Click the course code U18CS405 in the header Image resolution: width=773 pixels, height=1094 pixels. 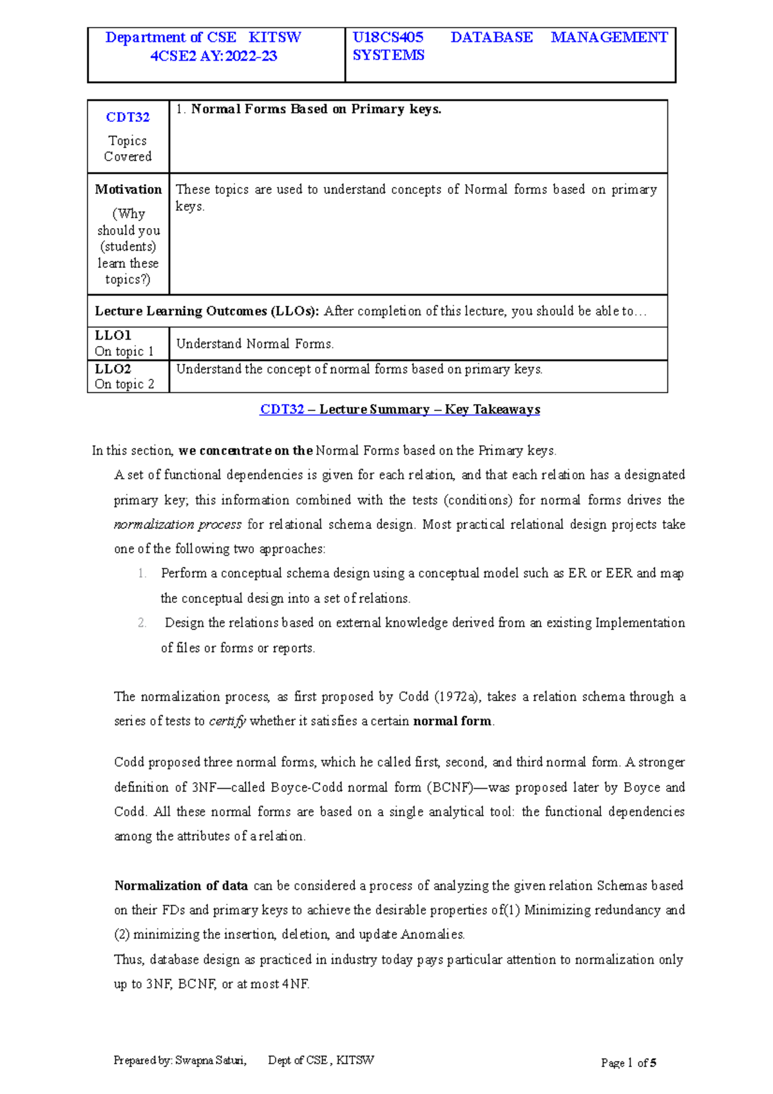point(388,37)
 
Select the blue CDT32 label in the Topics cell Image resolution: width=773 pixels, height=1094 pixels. point(128,117)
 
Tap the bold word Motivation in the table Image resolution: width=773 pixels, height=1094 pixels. point(128,189)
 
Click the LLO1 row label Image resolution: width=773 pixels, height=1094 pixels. point(113,336)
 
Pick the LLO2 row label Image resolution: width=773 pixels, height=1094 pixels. point(113,369)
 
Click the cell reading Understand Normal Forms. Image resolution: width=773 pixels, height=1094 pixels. point(255,344)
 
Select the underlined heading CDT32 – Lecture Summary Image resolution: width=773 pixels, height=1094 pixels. point(399,410)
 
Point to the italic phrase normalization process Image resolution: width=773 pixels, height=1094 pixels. point(178,524)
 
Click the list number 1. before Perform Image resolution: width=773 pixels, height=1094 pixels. point(142,573)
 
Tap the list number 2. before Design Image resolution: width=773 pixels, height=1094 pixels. point(142,623)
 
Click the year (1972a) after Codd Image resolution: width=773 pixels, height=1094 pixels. point(456,696)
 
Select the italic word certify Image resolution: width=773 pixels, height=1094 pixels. point(227,722)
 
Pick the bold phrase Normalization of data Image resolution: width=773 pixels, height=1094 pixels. point(181,886)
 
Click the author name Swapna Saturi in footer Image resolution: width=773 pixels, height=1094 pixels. point(211,1060)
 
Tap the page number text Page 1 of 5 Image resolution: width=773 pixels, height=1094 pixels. point(628,1063)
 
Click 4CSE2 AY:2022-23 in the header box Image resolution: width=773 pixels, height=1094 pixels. point(213,56)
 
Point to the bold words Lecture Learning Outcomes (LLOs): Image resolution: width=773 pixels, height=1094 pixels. point(207,311)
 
